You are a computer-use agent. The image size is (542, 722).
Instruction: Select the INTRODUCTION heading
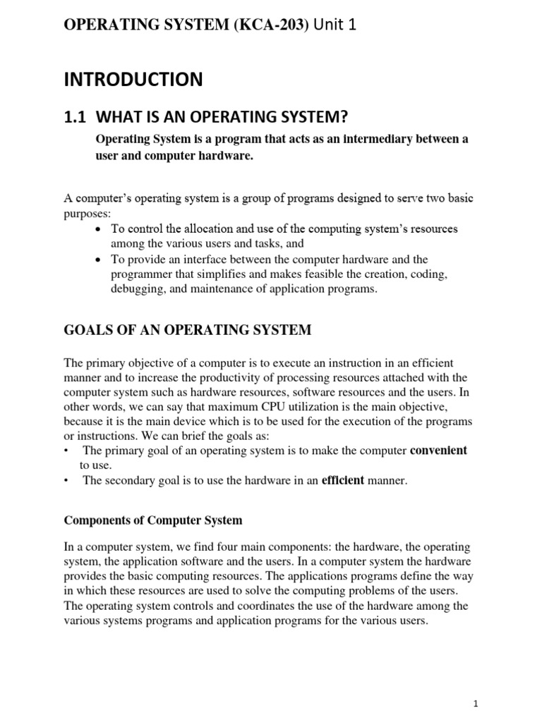pyautogui.click(x=133, y=80)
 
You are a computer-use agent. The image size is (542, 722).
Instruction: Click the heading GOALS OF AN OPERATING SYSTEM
pyautogui.click(x=187, y=329)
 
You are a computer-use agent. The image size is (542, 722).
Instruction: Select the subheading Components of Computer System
pyautogui.click(x=152, y=520)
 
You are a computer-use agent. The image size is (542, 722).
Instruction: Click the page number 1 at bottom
pyautogui.click(x=476, y=704)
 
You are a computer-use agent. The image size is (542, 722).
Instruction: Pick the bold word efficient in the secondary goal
pyautogui.click(x=343, y=481)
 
